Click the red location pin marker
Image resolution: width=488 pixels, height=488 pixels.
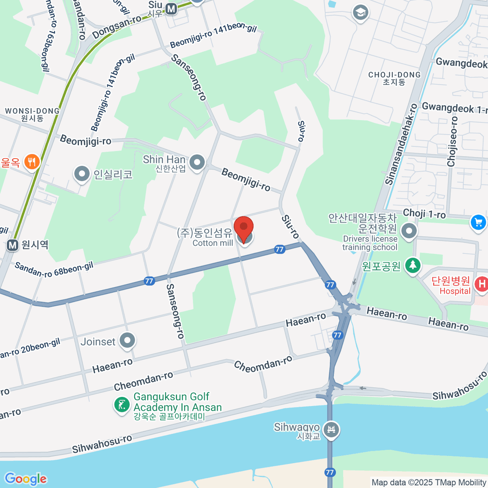(244, 228)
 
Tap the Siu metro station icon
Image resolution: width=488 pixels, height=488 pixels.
(171, 9)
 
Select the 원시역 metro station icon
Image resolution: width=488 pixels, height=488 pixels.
(13, 245)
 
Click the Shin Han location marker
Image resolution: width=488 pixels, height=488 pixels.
(198, 162)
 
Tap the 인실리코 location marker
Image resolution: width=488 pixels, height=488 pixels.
(82, 174)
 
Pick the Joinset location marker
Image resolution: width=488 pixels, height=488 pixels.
(128, 341)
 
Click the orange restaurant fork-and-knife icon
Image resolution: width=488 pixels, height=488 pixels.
(31, 162)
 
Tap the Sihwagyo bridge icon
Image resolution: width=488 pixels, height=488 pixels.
(331, 430)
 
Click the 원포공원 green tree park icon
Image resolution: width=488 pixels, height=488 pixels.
(413, 266)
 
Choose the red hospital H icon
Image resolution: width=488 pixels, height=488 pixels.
(481, 283)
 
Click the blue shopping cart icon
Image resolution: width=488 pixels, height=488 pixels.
(478, 222)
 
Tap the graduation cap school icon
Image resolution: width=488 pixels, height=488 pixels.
(360, 13)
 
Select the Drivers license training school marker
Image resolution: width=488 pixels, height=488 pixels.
(409, 231)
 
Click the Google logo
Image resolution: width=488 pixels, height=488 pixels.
(26, 479)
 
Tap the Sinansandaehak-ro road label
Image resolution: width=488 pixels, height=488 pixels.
(401, 144)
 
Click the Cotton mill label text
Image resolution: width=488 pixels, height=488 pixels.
(213, 243)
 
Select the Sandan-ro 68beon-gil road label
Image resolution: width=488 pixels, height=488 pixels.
(54, 270)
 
